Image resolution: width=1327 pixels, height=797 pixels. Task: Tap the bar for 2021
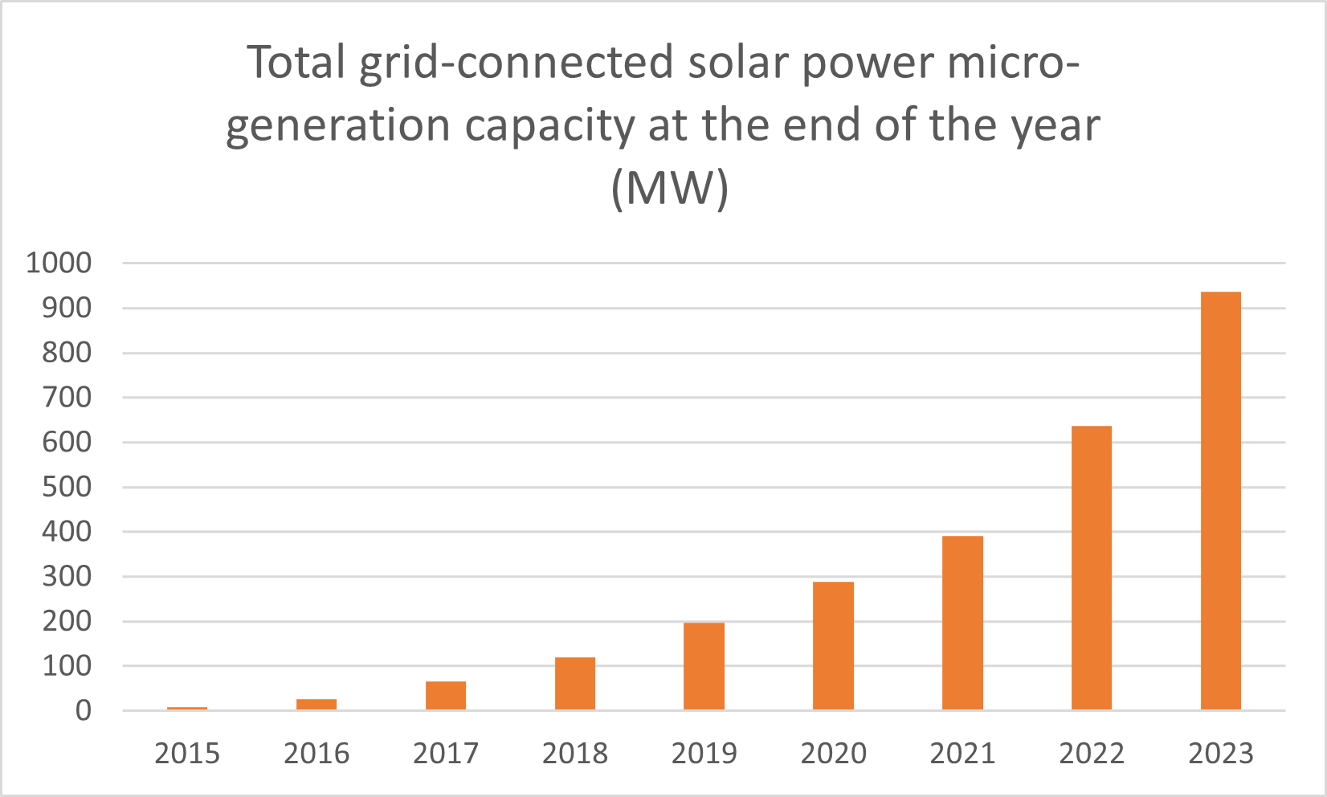(962, 623)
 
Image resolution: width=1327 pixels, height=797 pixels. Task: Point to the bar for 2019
(704, 666)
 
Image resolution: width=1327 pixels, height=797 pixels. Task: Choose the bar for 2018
(575, 683)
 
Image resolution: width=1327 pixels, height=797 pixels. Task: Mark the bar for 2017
(446, 696)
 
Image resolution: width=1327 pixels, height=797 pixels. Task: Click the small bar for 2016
(316, 705)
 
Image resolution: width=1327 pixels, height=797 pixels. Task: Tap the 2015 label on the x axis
(187, 754)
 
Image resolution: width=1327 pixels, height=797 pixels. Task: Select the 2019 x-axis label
(704, 754)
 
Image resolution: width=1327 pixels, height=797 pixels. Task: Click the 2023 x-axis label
(1220, 754)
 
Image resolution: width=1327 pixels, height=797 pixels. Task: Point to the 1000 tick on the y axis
(59, 264)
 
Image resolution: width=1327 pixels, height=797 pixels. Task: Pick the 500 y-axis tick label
(67, 487)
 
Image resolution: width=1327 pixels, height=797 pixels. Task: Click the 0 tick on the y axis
(84, 711)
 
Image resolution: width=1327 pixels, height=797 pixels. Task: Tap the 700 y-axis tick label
(67, 398)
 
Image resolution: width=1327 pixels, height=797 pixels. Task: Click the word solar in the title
(737, 63)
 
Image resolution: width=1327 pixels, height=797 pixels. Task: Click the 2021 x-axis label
(962, 754)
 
